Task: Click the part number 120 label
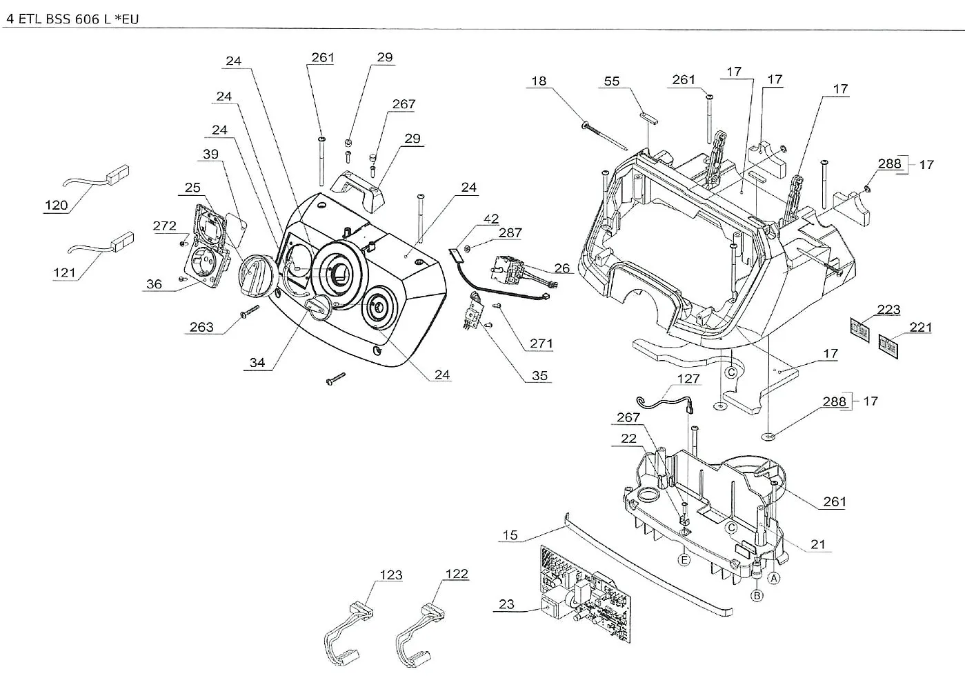[x=57, y=206]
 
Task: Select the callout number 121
[x=64, y=272]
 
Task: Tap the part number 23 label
[x=506, y=604]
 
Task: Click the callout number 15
[x=510, y=535]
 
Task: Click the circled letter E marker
[x=684, y=560]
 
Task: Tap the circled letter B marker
[x=757, y=595]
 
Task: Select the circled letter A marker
[x=774, y=579]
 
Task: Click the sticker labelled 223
[x=859, y=330]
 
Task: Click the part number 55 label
[x=612, y=81]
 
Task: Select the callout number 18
[x=539, y=81]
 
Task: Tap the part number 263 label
[x=201, y=328]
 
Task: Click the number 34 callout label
[x=257, y=363]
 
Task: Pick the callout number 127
[x=688, y=379]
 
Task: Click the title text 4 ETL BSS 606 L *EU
[x=72, y=19]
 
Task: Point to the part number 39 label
[x=210, y=154]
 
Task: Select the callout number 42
[x=491, y=219]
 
